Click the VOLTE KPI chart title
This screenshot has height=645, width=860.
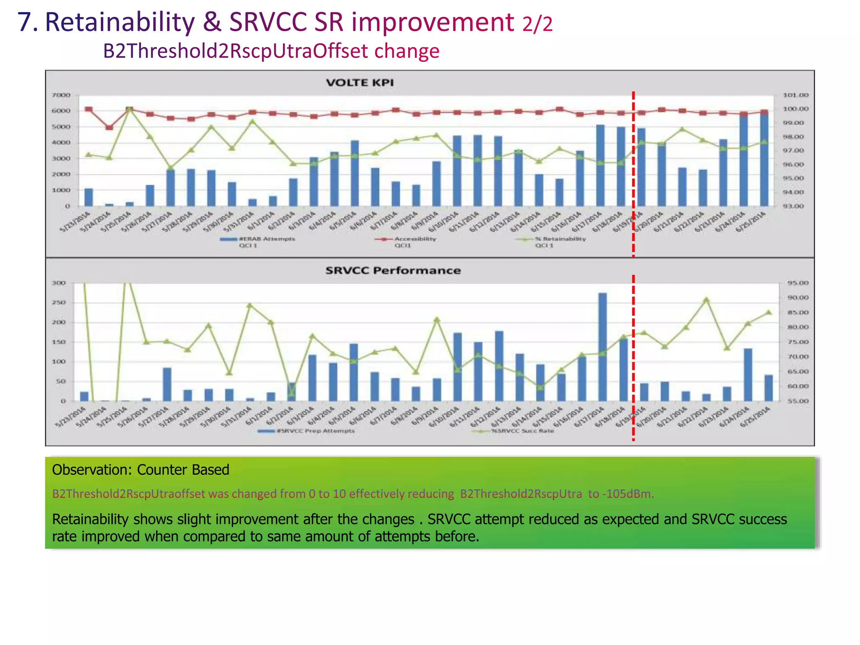[360, 82]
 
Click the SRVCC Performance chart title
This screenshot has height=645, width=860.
[393, 270]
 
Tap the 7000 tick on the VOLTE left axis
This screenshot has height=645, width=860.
[61, 95]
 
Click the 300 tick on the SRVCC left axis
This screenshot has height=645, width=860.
[59, 283]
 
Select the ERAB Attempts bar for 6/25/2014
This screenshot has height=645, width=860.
[764, 160]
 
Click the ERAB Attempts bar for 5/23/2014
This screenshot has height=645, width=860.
[89, 197]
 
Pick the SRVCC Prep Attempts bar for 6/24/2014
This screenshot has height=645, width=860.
[748, 375]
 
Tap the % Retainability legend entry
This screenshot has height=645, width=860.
[559, 239]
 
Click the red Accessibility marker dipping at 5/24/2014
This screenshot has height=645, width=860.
[109, 127]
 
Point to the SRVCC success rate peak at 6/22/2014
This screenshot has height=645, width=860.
[706, 300]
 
